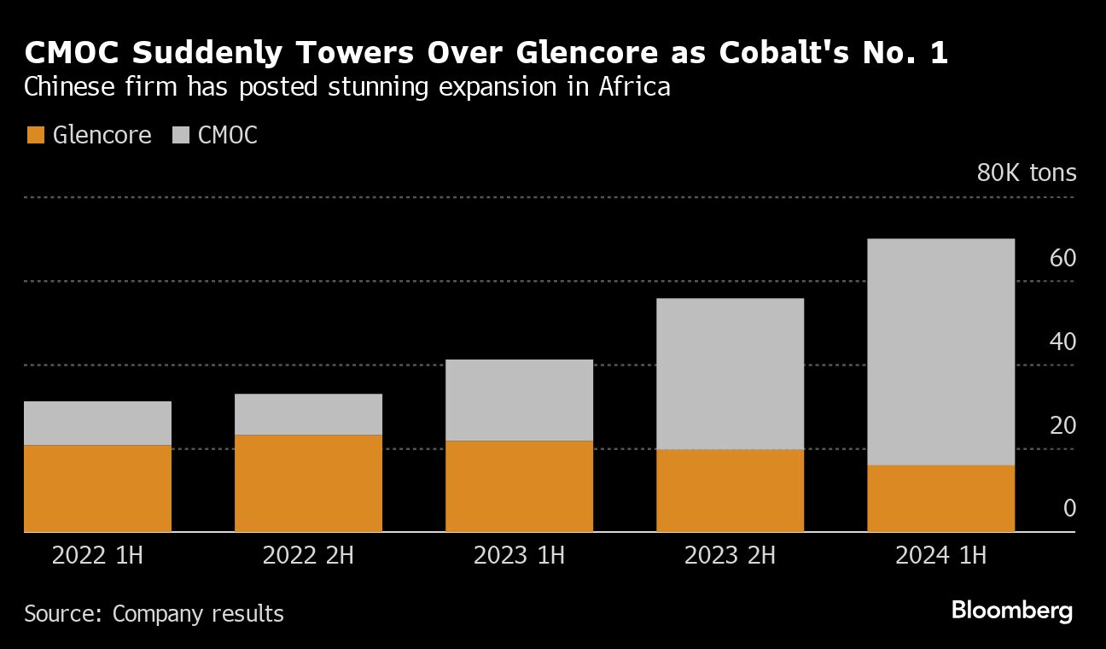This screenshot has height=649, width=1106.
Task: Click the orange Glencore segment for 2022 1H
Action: [97, 488]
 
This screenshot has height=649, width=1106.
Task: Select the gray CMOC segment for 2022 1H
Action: [97, 423]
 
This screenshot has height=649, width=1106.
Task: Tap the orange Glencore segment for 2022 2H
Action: [308, 483]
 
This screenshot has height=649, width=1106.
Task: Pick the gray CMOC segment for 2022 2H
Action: [308, 414]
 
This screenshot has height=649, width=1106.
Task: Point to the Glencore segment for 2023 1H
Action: [519, 486]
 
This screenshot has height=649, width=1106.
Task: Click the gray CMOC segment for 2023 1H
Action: [519, 400]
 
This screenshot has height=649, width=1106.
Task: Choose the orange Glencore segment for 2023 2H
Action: [730, 490]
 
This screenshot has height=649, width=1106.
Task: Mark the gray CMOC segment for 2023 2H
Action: [730, 373]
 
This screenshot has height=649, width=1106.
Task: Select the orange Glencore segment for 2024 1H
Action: [940, 498]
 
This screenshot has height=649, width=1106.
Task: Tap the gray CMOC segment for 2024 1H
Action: [940, 352]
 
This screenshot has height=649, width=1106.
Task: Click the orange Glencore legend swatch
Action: [35, 135]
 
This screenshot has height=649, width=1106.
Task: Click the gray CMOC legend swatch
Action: [181, 135]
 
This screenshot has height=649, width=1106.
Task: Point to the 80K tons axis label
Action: [1027, 173]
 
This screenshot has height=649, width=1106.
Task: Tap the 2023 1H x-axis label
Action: [519, 556]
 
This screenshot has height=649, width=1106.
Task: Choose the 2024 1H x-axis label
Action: [940, 556]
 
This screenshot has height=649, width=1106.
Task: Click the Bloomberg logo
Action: [1011, 611]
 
